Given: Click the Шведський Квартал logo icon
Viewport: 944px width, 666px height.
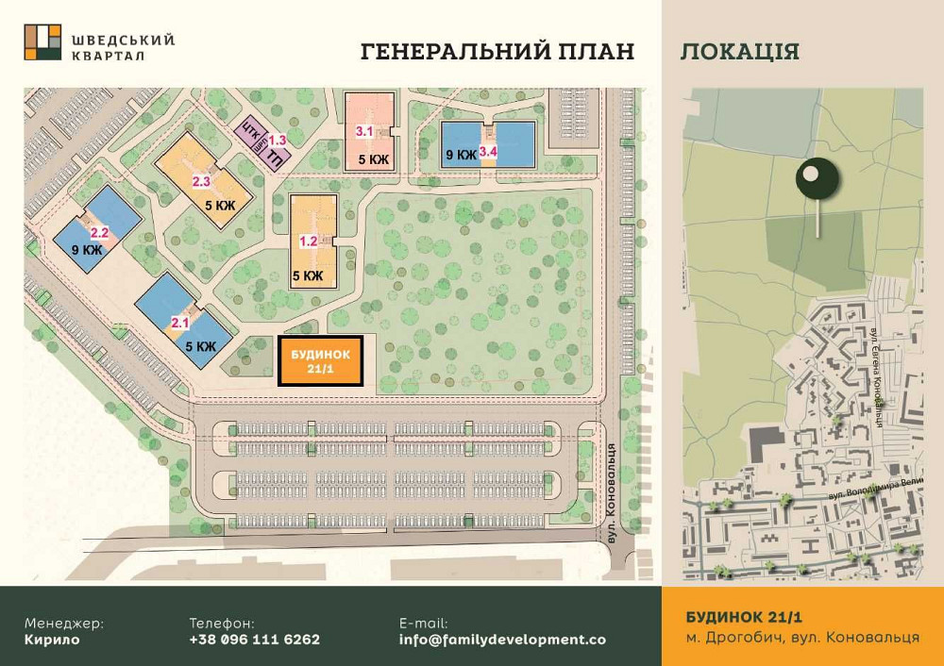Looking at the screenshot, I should pyautogui.click(x=42, y=42).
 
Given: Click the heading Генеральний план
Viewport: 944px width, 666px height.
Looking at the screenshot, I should pyautogui.click(x=497, y=51).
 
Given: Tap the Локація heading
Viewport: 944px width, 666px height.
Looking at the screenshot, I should pyautogui.click(x=739, y=51).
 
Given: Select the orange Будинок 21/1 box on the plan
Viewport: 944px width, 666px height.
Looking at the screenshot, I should pyautogui.click(x=321, y=360).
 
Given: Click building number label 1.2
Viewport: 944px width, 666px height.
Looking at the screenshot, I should pyautogui.click(x=309, y=241).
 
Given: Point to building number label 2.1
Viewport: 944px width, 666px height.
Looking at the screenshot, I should pyautogui.click(x=179, y=323).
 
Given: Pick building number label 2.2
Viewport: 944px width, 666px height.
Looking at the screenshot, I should pyautogui.click(x=99, y=232).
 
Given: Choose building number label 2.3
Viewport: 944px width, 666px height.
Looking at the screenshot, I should pyautogui.click(x=201, y=181).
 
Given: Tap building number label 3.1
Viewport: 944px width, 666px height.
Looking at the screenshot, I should pyautogui.click(x=364, y=131).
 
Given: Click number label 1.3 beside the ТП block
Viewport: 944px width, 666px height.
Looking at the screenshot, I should pyautogui.click(x=278, y=140).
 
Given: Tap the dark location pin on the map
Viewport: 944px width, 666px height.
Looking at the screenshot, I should pyautogui.click(x=818, y=178).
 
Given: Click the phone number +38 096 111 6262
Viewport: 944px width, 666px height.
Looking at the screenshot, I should pyautogui.click(x=254, y=639).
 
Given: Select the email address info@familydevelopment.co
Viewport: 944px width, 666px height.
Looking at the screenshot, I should pyautogui.click(x=502, y=639).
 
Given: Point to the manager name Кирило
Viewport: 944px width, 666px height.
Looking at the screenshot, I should pyautogui.click(x=52, y=639).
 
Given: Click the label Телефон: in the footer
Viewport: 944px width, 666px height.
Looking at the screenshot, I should pyautogui.click(x=222, y=623).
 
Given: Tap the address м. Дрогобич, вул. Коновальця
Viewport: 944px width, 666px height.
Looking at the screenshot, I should pyautogui.click(x=802, y=638).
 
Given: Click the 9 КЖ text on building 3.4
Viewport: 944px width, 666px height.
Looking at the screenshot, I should pyautogui.click(x=460, y=155).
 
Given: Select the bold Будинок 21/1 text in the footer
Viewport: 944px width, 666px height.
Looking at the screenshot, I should pyautogui.click(x=744, y=617).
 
